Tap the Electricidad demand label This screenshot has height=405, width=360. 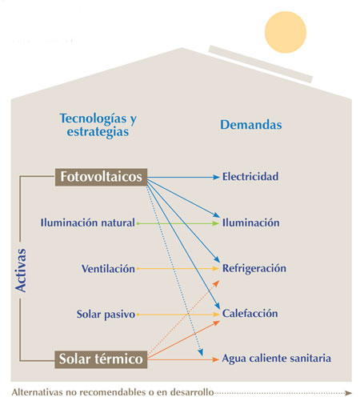tap(250, 176)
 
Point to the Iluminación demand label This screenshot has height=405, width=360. tap(250, 223)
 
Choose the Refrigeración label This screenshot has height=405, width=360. tap(254, 269)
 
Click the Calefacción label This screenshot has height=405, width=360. tap(250, 315)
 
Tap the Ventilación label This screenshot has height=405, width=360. tap(108, 269)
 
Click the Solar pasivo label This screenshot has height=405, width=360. tap(106, 315)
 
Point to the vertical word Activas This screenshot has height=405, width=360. tap(22, 269)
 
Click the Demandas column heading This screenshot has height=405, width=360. tap(250, 126)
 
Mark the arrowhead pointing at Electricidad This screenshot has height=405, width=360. tap(215, 176)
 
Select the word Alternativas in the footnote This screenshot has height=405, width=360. tap(38, 393)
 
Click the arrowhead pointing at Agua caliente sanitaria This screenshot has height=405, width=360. tap(214, 360)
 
